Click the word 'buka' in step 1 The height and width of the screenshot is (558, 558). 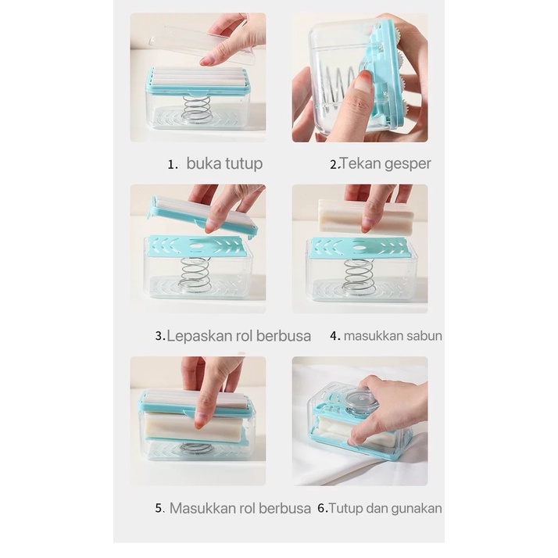pyautogui.click(x=205, y=163)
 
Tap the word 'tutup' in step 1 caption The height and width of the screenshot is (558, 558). pyautogui.click(x=245, y=164)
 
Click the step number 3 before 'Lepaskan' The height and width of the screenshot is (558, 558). pyautogui.click(x=159, y=336)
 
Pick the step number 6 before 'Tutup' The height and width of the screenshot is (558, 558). pyautogui.click(x=322, y=509)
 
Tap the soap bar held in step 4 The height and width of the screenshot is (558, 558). pyautogui.click(x=367, y=215)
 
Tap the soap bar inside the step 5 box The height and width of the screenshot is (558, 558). pyautogui.click(x=195, y=427)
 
